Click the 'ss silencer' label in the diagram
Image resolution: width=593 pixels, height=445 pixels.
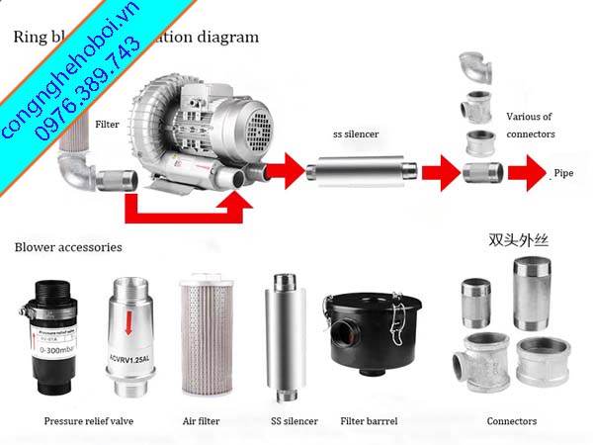(357, 134)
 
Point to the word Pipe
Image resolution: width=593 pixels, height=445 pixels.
(564, 172)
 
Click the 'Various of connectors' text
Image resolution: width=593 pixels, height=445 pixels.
(531, 125)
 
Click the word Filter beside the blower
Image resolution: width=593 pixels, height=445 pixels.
(107, 126)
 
